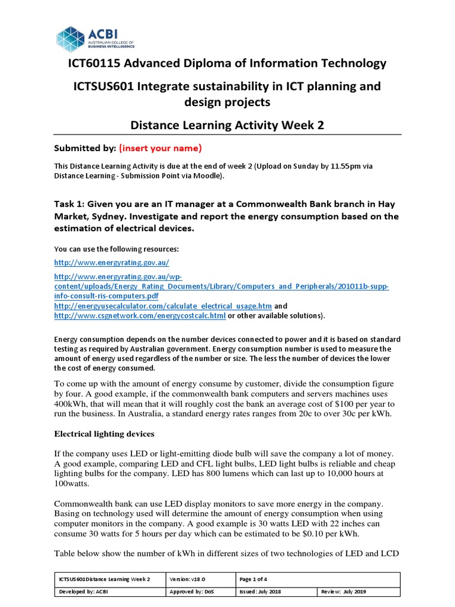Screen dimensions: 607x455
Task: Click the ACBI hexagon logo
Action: coord(71,40)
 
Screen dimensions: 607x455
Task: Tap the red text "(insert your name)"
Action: coord(161,148)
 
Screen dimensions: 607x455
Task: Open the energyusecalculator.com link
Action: coord(163,305)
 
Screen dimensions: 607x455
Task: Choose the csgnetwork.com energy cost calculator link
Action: coord(140,315)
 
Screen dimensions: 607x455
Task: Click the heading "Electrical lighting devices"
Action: coord(104,433)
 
